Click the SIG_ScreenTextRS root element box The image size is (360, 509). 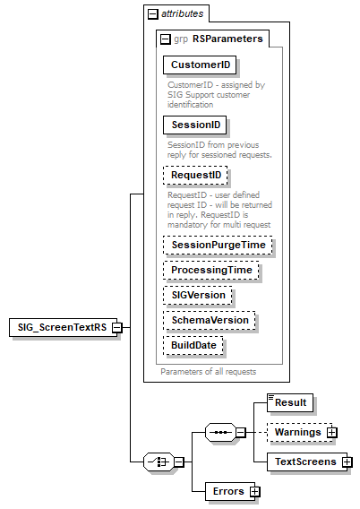(x=58, y=327)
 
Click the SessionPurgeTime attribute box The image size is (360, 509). (x=217, y=244)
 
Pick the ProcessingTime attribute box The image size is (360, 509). (x=211, y=269)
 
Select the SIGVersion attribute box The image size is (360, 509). (x=198, y=295)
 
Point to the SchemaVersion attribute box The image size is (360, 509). (x=209, y=320)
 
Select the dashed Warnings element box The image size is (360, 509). (x=299, y=433)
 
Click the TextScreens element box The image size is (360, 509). (x=304, y=462)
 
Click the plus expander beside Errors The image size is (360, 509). (x=255, y=491)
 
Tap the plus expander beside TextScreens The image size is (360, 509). (x=347, y=462)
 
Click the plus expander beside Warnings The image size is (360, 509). (x=332, y=433)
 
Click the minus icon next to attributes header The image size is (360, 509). (x=153, y=13)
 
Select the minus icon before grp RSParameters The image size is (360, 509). (x=166, y=39)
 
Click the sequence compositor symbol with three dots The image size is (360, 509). (x=219, y=433)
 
